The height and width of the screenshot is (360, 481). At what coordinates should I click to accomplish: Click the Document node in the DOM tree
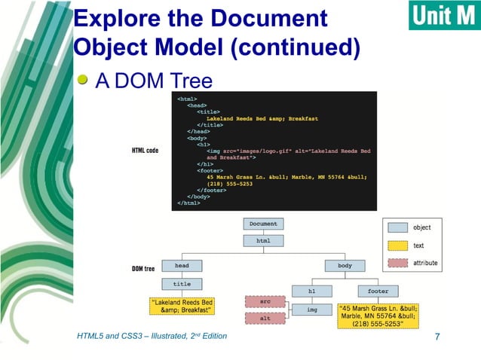(263, 224)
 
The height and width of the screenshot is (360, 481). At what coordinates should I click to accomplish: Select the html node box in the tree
(263, 241)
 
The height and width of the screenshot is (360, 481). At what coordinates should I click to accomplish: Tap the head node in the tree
(182, 266)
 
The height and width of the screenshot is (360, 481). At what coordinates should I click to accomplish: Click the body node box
(345, 266)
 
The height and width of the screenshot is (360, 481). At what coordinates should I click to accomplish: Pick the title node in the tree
(182, 285)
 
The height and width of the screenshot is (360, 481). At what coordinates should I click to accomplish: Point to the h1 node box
(313, 291)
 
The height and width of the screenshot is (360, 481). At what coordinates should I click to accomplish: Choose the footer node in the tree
(378, 291)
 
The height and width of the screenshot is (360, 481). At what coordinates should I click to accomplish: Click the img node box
(313, 310)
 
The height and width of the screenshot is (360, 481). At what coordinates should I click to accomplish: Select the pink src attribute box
(265, 301)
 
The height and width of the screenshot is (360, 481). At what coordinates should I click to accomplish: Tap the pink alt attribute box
(265, 319)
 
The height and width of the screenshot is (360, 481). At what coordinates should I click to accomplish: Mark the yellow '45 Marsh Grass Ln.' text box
(378, 316)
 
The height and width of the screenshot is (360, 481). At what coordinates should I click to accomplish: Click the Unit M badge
(444, 15)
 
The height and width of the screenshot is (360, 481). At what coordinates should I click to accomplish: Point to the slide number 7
(437, 336)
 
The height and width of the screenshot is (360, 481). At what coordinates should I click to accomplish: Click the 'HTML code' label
(146, 151)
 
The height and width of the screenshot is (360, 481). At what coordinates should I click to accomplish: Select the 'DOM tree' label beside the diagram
(143, 269)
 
